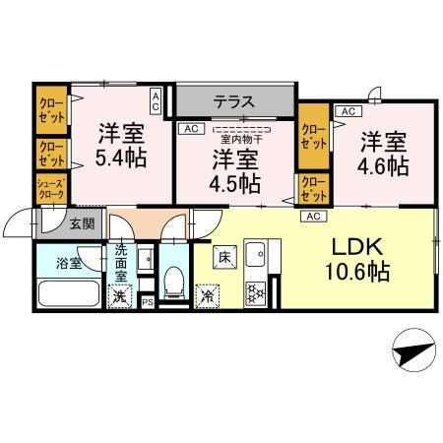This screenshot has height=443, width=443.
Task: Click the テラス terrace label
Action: (235, 101)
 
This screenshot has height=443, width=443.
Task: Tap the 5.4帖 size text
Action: (120, 155)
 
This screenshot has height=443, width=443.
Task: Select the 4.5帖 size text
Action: (234, 183)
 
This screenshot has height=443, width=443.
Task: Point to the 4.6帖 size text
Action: (383, 166)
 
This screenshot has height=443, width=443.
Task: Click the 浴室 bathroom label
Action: (68, 263)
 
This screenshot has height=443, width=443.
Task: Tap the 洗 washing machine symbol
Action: (119, 295)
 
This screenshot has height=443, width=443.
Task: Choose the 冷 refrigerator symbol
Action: (209, 294)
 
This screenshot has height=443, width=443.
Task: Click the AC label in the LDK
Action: (314, 216)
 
